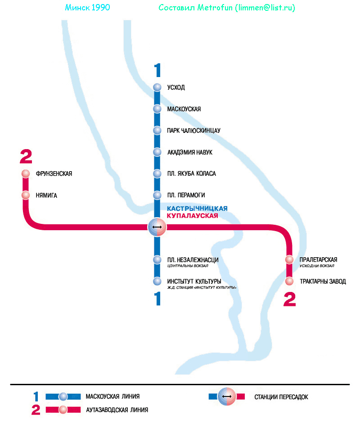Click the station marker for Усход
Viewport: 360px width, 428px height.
157,87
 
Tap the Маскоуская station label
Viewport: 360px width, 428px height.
184,109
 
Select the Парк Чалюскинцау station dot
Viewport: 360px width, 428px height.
157,131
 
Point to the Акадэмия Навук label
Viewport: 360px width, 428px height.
189,152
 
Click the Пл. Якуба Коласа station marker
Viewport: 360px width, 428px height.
157,173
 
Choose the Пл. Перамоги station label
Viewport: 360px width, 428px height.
186,195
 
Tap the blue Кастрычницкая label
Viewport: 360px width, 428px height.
197,209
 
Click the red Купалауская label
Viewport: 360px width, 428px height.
192,216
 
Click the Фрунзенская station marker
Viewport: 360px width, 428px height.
26,174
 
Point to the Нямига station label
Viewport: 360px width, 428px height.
46,196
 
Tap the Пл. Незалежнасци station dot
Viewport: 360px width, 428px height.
157,260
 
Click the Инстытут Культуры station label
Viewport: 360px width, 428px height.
194,282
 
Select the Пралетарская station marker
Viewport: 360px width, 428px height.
290,260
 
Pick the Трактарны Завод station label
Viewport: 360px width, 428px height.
323,282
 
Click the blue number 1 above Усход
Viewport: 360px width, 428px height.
157,71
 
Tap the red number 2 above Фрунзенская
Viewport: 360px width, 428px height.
26,157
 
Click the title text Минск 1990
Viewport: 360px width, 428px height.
87,8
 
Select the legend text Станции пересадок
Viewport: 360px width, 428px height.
281,397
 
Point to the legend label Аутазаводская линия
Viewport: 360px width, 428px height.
117,410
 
